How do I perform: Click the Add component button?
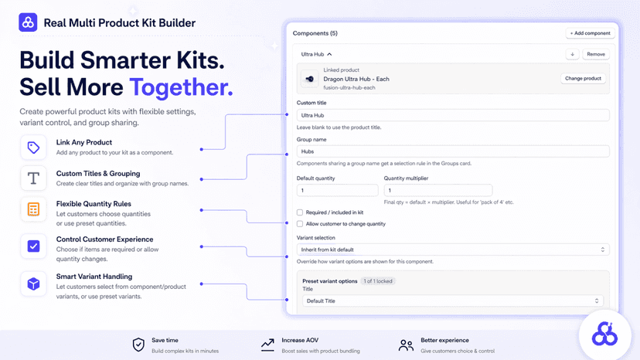pyautogui.click(x=590, y=33)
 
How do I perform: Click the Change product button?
pyautogui.click(x=583, y=78)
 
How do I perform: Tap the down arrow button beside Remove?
pyautogui.click(x=572, y=54)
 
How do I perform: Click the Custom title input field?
pyautogui.click(x=453, y=115)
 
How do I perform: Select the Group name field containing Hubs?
pyautogui.click(x=453, y=151)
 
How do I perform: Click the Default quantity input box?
pyautogui.click(x=337, y=190)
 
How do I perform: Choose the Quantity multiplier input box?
pyautogui.click(x=438, y=190)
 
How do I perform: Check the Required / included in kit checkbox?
pyautogui.click(x=300, y=212)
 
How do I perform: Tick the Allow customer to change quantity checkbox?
pyautogui.click(x=300, y=224)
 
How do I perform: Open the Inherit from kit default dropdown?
pyautogui.click(x=453, y=250)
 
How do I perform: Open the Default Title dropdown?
pyautogui.click(x=453, y=301)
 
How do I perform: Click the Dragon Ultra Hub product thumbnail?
pyautogui.click(x=310, y=79)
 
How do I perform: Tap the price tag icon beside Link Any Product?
pyautogui.click(x=33, y=148)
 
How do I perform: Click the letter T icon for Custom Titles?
pyautogui.click(x=33, y=178)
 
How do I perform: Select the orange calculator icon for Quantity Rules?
pyautogui.click(x=33, y=209)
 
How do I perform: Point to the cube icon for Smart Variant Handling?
pyautogui.click(x=33, y=284)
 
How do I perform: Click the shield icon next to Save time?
pyautogui.click(x=138, y=345)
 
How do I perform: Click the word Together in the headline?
pyautogui.click(x=181, y=87)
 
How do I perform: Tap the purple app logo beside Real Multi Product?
pyautogui.click(x=28, y=22)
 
